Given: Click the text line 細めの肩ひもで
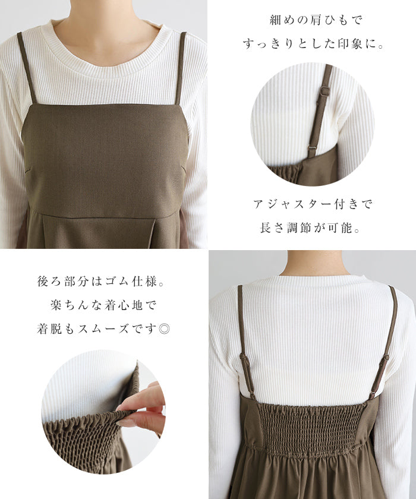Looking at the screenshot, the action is click(316, 20).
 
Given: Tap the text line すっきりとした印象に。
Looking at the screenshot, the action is click(313, 44).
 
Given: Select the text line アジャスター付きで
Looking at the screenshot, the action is click(313, 204).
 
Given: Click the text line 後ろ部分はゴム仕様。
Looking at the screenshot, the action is click(101, 282).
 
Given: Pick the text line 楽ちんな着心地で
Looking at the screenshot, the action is click(103, 305).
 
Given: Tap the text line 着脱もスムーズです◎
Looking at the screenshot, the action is click(103, 329).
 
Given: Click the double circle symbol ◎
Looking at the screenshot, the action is click(164, 329).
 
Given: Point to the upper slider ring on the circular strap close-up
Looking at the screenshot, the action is click(325, 90).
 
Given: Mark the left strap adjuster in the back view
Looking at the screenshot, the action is click(244, 360).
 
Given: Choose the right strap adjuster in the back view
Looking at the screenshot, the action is click(386, 361).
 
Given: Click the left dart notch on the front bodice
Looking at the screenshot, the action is click(29, 170).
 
